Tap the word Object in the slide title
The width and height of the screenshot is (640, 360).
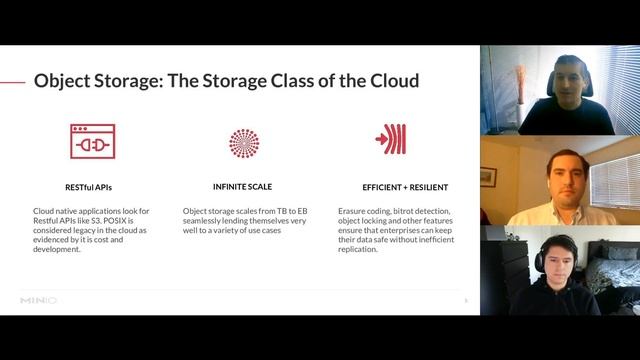[66, 79]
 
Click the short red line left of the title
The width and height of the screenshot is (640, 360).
[13, 81]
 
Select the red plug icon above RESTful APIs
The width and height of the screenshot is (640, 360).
[92, 142]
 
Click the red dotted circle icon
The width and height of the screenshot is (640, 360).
[244, 143]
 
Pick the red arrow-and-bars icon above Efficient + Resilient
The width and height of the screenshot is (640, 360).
[390, 139]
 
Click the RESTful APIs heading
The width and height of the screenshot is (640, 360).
[92, 186]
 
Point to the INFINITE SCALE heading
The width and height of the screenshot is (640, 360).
[242, 186]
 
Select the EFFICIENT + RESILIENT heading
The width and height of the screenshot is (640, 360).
[405, 187]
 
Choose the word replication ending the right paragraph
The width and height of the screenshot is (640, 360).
[359, 249]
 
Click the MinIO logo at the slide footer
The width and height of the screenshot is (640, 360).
[39, 299]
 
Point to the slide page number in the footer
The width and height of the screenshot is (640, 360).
[465, 299]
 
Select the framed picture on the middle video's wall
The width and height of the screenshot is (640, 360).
[488, 176]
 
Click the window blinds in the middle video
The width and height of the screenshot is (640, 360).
[615, 181]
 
